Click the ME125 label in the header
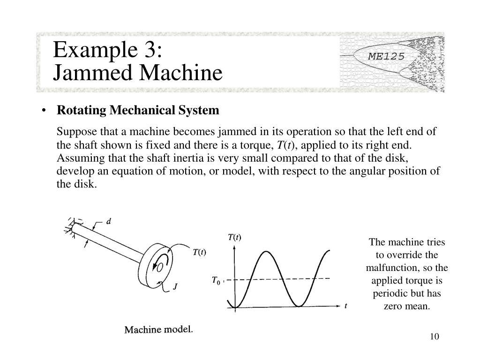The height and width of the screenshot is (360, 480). [x=386, y=57]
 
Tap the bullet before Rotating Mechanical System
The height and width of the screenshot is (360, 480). [x=44, y=111]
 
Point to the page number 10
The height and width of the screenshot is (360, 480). [x=434, y=337]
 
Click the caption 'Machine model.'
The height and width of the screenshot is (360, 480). [x=158, y=330]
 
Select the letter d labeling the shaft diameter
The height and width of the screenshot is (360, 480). [x=109, y=222]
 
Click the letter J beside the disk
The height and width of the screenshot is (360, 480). [x=175, y=287]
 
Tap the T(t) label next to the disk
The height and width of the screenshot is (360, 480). [x=199, y=252]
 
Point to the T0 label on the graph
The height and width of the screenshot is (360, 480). [x=216, y=280]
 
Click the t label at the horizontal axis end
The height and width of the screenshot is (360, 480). [x=345, y=306]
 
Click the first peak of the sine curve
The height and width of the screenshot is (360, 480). [x=266, y=252]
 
